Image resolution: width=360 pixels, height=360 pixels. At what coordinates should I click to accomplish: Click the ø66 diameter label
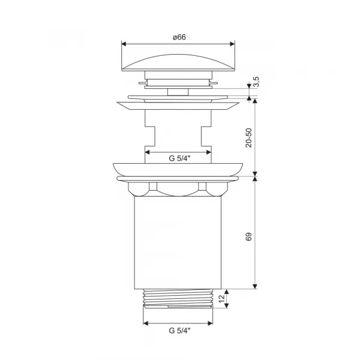(179, 37)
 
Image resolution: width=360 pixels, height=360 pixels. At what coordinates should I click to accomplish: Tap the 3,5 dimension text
(257, 82)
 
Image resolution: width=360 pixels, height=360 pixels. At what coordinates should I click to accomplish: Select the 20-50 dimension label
(248, 138)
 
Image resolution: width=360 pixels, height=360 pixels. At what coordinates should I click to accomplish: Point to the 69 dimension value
(248, 236)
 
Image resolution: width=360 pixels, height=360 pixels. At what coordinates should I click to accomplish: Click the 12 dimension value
(221, 298)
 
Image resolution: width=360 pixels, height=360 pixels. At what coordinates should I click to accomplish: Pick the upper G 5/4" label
(179, 158)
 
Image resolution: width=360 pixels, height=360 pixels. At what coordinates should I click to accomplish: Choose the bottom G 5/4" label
(179, 331)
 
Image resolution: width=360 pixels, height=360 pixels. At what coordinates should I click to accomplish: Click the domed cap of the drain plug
(178, 62)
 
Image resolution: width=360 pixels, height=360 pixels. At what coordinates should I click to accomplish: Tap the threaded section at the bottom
(178, 298)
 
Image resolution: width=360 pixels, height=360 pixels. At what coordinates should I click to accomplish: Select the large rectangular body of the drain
(178, 242)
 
